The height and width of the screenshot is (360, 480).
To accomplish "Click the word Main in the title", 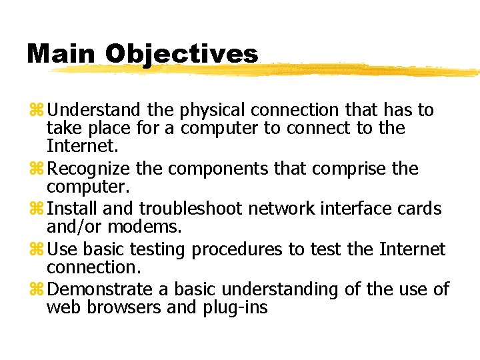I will (x=61, y=54).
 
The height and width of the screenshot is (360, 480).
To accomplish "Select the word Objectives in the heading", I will (x=181, y=54).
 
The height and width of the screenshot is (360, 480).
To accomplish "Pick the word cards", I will (x=423, y=209).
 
